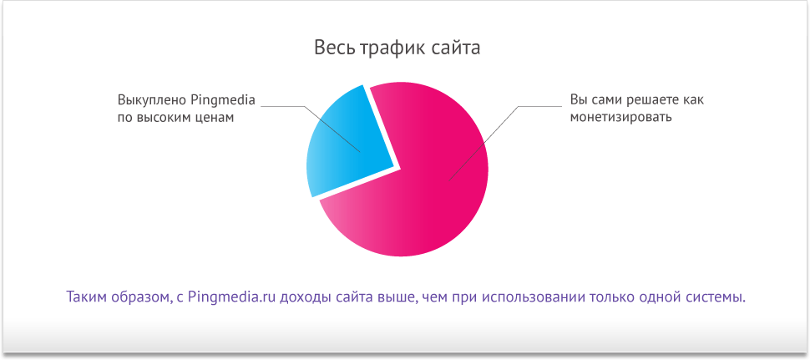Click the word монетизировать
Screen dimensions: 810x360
click(620, 118)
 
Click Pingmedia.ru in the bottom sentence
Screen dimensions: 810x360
click(232, 297)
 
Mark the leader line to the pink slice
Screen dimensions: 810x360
click(504, 144)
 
